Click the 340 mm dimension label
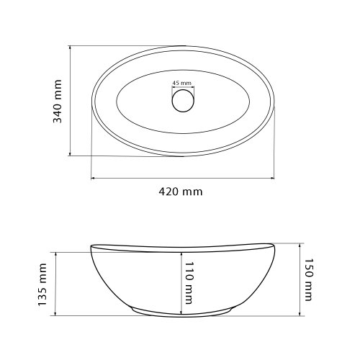click(x=57, y=102)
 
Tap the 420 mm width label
click(x=181, y=192)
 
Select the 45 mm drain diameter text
click(x=182, y=83)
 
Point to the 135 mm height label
click(x=42, y=284)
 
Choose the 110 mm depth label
click(x=189, y=283)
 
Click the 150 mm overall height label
click(x=309, y=280)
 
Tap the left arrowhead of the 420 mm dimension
click(x=92, y=178)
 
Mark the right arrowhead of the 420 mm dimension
click(x=272, y=178)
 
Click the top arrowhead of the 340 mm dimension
click(x=70, y=48)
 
